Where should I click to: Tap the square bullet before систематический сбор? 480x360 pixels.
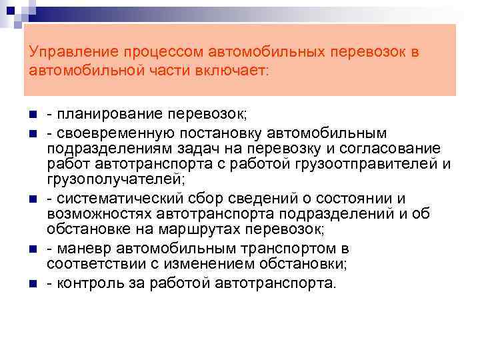[x=32, y=199]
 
